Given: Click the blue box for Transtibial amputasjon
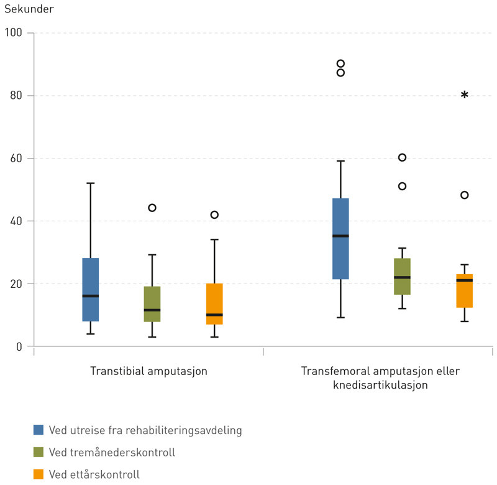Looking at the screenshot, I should [91, 289].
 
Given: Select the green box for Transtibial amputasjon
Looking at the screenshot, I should [152, 303].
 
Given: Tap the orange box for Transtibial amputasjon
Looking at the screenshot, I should [214, 303].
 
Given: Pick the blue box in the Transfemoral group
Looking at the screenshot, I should [340, 239].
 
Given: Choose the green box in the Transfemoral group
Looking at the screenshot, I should [402, 276].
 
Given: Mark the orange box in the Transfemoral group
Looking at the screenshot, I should [464, 290].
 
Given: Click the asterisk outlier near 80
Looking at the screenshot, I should [464, 95].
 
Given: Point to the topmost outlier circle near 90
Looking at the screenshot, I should [340, 63].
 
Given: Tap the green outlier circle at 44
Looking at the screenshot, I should [152, 208].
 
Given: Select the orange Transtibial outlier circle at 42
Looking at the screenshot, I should [214, 215].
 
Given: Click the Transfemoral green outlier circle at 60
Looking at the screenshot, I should [402, 157].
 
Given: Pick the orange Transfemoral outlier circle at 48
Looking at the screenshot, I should [464, 195].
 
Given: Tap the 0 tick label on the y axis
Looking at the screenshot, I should [19, 346].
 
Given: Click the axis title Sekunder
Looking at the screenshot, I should [29, 10].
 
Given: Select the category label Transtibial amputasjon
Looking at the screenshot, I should [148, 371].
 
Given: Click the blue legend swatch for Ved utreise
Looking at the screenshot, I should [39, 430].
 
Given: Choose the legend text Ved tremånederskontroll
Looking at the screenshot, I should [112, 452].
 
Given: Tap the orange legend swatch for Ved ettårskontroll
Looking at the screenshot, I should [39, 474].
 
